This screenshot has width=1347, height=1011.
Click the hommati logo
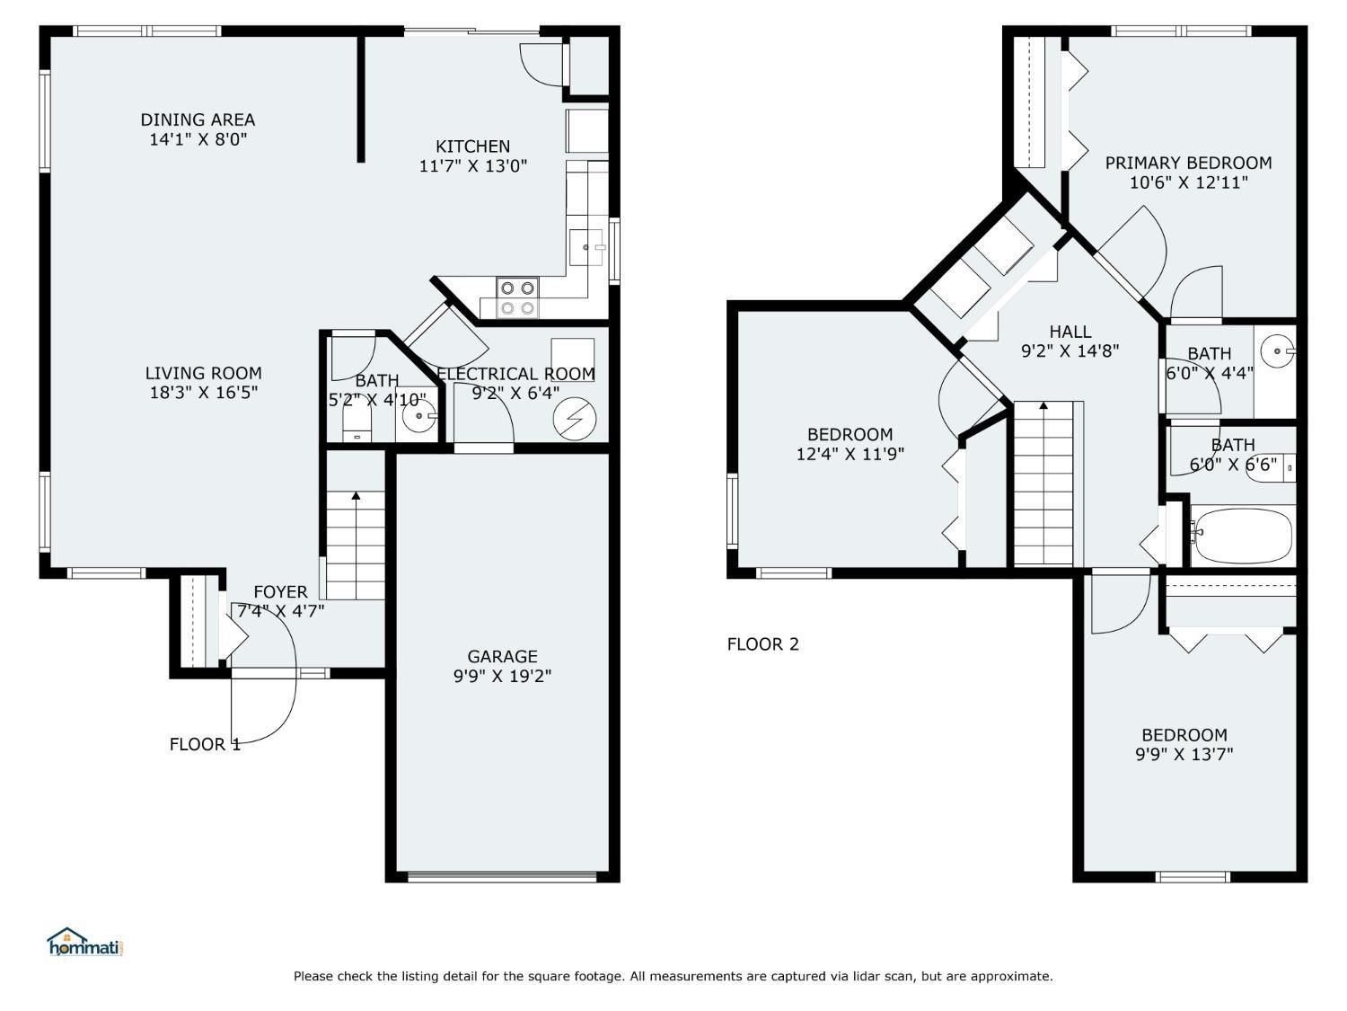coord(85,942)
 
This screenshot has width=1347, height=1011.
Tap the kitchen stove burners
coord(516,297)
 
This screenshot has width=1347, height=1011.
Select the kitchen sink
coord(586,247)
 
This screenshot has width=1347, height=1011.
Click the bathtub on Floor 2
coord(1242,537)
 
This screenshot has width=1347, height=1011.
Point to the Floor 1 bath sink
coord(419,415)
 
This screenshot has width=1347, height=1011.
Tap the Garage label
coord(502,656)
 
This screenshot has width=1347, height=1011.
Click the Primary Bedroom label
coord(1188,163)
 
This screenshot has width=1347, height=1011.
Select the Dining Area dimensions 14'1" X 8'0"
coord(198,139)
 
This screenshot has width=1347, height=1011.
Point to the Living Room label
coord(203,373)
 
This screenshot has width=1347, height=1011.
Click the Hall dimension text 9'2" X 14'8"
coord(1070,350)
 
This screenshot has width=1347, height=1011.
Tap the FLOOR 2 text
coord(762,644)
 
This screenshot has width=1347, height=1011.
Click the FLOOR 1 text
coord(205,744)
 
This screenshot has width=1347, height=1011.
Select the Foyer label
coord(280,591)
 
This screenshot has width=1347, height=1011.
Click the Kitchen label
coord(472,146)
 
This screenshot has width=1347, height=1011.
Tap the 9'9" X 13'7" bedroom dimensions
coord(1184,754)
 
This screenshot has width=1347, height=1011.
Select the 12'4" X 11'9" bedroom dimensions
coord(850,454)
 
